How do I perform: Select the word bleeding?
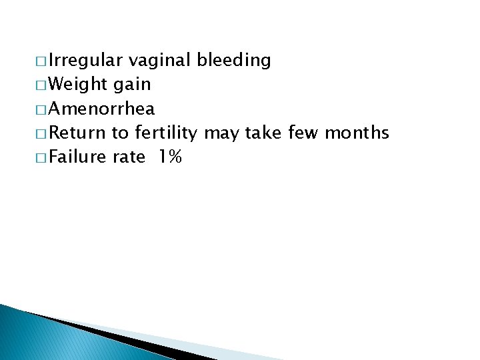click(x=233, y=61)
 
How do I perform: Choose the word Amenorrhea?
click(x=102, y=109)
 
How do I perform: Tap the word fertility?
click(x=165, y=133)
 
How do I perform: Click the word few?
click(x=303, y=133)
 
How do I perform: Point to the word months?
click(x=357, y=133)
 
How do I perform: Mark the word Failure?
click(x=78, y=157)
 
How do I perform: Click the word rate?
click(x=129, y=157)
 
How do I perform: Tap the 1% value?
click(x=171, y=157)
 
